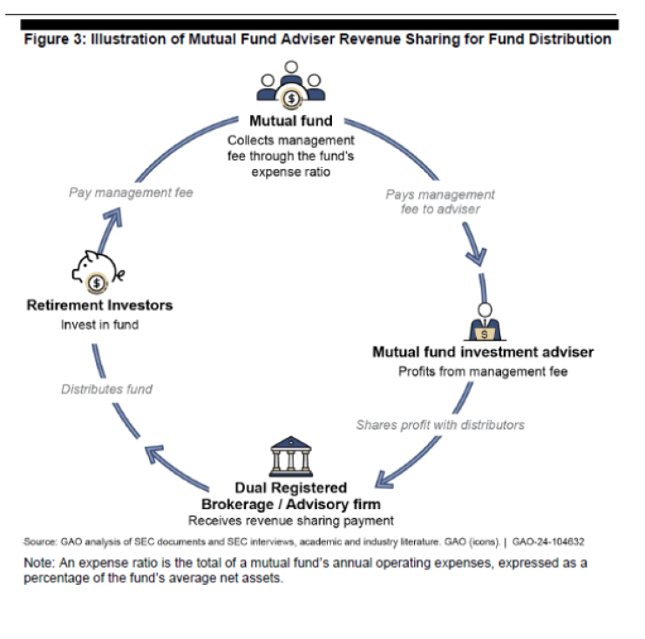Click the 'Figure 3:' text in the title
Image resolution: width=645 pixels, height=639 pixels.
coord(54,39)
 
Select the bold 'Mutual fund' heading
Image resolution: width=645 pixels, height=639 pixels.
coord(290,121)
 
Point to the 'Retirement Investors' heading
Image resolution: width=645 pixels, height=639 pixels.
coord(99,305)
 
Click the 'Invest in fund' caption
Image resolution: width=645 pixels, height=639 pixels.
coord(98,325)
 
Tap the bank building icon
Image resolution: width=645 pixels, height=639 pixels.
coord(290,456)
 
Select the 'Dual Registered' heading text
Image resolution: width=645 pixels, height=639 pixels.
coord(290,488)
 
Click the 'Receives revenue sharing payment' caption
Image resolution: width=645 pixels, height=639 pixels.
coord(291,521)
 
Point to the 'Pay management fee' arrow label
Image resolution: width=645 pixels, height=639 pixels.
coord(131,192)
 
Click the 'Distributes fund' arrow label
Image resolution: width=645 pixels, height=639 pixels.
coord(106,389)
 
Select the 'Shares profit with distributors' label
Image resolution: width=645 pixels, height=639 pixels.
coord(440,425)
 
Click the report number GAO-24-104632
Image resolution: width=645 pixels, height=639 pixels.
coord(548,541)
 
